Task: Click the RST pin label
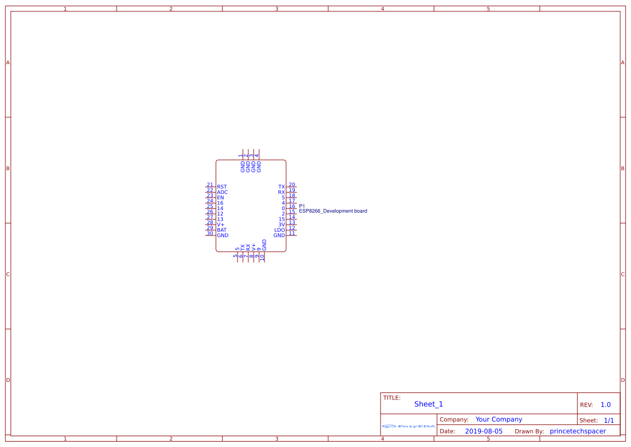(222, 187)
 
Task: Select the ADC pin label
(222, 192)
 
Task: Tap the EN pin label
(220, 198)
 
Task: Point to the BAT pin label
(222, 230)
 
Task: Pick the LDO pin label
(280, 230)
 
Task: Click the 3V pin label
(282, 225)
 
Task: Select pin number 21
(210, 185)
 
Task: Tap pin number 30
(210, 233)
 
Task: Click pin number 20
(292, 185)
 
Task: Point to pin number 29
(210, 228)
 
